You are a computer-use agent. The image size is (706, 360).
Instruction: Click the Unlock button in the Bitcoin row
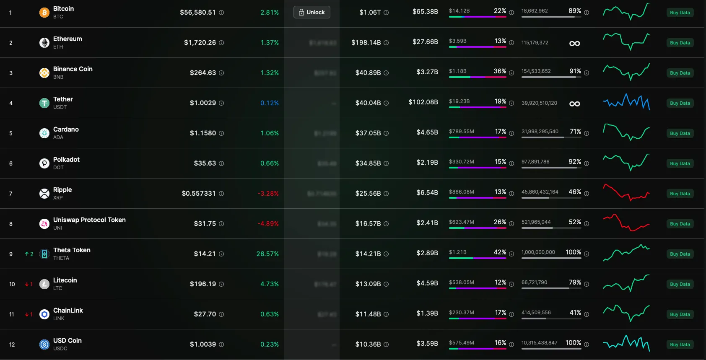[312, 12]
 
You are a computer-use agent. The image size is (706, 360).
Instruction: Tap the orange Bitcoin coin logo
[44, 13]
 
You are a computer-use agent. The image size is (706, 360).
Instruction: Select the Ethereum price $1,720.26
[200, 42]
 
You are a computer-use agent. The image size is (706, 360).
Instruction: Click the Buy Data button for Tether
[680, 103]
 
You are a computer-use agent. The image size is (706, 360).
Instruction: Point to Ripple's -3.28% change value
[268, 193]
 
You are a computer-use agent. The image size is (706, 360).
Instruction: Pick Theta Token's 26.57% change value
[267, 254]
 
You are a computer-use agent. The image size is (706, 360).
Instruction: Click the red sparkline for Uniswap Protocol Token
[626, 223]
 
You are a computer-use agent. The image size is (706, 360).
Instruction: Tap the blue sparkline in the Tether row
[626, 102]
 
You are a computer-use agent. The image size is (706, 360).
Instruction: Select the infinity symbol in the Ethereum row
[575, 43]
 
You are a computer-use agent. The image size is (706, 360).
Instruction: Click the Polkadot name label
[66, 159]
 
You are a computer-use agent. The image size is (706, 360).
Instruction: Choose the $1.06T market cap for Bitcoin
[370, 12]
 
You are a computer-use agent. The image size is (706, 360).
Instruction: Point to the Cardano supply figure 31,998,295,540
[540, 131]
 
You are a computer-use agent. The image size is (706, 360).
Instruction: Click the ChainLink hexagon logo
[44, 314]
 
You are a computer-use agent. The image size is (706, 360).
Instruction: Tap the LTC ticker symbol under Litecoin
[58, 288]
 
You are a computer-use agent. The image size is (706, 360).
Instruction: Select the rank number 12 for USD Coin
[12, 344]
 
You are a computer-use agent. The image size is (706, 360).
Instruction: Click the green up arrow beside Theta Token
[27, 254]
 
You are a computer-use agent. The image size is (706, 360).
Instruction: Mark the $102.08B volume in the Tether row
[423, 102]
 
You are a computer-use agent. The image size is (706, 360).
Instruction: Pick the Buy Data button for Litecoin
[680, 284]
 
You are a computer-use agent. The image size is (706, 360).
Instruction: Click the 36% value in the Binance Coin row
[500, 71]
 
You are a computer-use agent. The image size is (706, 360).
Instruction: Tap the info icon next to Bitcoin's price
[221, 13]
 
